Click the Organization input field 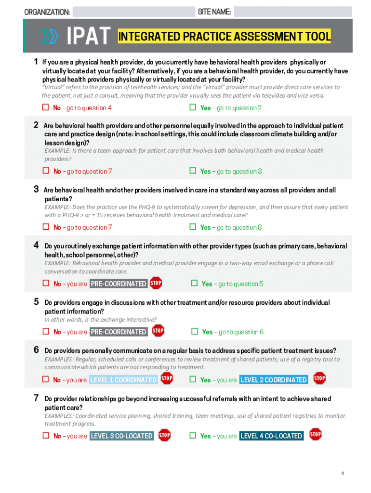coord(132,12)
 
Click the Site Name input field coord(293,12)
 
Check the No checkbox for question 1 coord(46,107)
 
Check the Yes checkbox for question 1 coord(193,107)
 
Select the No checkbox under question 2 coord(46,171)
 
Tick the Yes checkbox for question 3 coord(193,227)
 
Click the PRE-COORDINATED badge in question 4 coord(119,284)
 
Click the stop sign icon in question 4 coord(156,283)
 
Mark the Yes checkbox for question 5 coord(195,331)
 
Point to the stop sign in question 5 coord(158,331)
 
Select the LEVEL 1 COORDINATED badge coord(123,380)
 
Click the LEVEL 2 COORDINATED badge coord(273,380)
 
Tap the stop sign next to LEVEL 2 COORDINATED coord(319,378)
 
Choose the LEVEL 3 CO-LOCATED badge coord(121,436)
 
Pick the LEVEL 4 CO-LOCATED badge coord(271,436)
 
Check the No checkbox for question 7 coord(46,435)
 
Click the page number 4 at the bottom coord(343,474)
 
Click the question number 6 coord(36,350)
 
